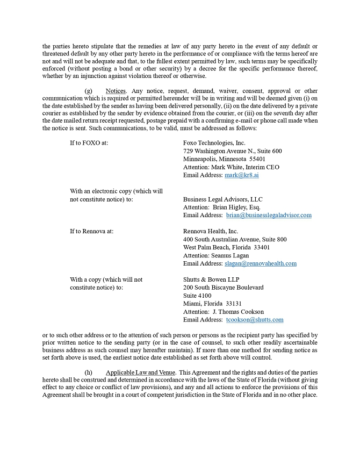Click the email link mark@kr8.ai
coord(241,175)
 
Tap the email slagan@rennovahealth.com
coord(260,263)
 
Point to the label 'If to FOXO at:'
coord(89,143)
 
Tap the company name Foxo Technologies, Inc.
coord(214,143)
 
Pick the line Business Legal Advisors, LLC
coord(222,199)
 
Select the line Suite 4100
coord(197,296)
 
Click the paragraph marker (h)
coord(89,372)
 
